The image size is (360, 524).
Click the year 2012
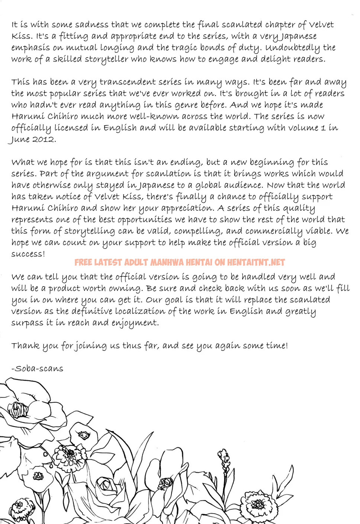[x=43, y=140]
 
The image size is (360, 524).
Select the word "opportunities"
[x=145, y=220]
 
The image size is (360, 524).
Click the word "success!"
[x=28, y=254]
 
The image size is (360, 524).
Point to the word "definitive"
[x=92, y=311]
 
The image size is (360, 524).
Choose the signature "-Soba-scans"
[x=37, y=368]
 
